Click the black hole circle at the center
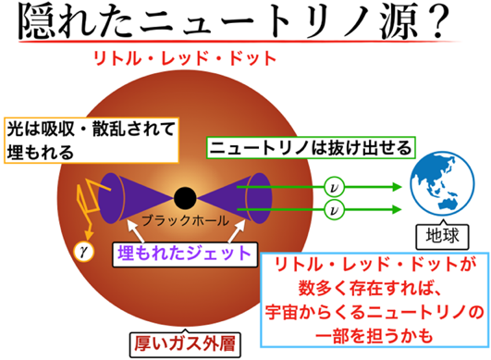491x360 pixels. pyautogui.click(x=185, y=198)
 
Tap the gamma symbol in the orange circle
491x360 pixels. pyautogui.click(x=83, y=251)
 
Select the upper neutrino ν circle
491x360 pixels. pyautogui.click(x=334, y=187)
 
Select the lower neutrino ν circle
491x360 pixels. pyautogui.click(x=334, y=209)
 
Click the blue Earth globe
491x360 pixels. pyautogui.click(x=442, y=183)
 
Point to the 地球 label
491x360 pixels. pyautogui.click(x=442, y=236)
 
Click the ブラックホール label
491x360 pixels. pyautogui.click(x=185, y=220)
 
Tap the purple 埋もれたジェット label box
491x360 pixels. pyautogui.click(x=185, y=254)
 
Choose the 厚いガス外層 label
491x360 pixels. pyautogui.click(x=185, y=344)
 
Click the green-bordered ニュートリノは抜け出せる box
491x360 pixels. pyautogui.click(x=311, y=147)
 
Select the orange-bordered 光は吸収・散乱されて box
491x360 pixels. pyautogui.click(x=92, y=140)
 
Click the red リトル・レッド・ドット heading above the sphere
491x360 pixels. pyautogui.click(x=185, y=58)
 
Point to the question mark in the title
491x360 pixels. pyautogui.click(x=435, y=22)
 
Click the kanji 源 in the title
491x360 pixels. pyautogui.click(x=399, y=22)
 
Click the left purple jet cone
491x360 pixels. pyautogui.click(x=135, y=198)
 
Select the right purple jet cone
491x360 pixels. pyautogui.click(x=234, y=198)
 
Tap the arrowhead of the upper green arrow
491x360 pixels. pyautogui.click(x=397, y=187)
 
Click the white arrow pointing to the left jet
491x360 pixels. pyautogui.click(x=135, y=231)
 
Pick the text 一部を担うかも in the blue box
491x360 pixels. pyautogui.click(x=374, y=336)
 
